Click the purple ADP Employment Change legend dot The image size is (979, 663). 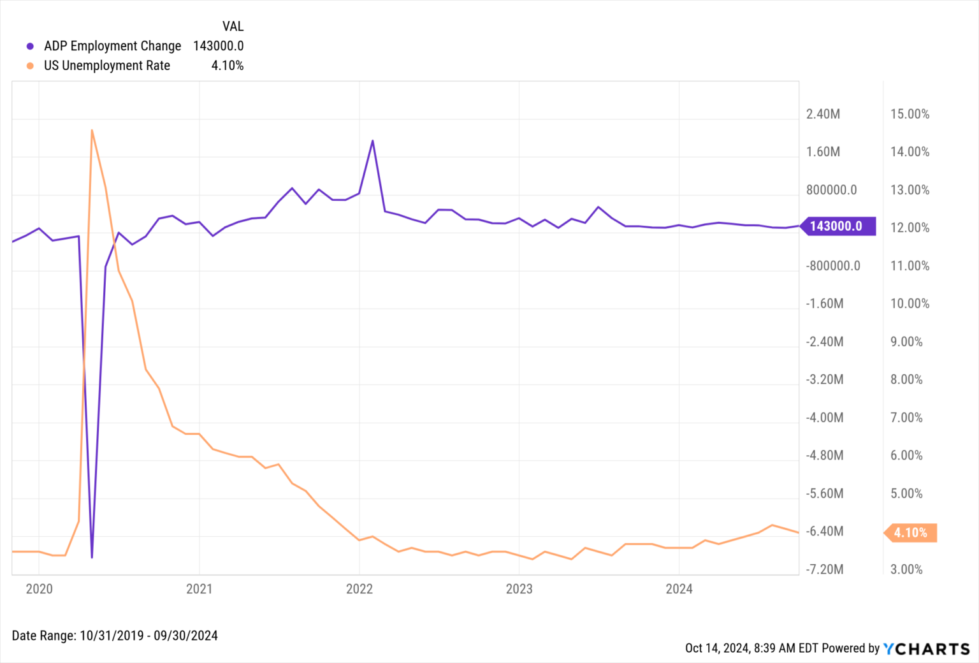30,47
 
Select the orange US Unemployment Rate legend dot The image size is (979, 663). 30,66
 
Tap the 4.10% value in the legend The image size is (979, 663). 227,66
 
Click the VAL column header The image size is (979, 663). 233,26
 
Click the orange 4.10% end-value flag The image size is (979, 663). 911,533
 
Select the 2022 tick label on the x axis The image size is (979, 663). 359,589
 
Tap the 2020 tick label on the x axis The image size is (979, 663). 39,589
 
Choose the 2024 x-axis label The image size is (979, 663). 679,589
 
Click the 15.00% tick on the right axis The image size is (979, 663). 910,114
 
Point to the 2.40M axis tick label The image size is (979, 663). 823,114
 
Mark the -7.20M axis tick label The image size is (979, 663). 825,569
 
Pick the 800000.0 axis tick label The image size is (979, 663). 831,190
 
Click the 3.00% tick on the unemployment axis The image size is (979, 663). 906,569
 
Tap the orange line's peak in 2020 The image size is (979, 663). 92,131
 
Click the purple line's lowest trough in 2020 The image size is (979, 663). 92,557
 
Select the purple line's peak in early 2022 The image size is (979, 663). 372,141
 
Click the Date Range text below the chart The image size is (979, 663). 115,636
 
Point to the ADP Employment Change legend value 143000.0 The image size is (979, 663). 218,46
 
